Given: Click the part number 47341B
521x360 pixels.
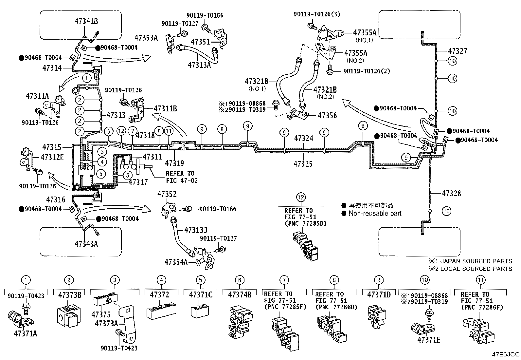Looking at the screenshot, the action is tap(86, 21).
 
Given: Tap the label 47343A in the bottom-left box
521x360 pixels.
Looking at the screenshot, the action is tap(86, 244).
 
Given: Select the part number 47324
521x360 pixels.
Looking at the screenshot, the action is tap(303, 138).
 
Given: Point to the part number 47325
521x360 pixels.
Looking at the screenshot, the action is tap(303, 164).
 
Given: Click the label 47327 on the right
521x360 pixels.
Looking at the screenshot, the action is tap(458, 51).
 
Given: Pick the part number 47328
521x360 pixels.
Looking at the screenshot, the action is tap(451, 194).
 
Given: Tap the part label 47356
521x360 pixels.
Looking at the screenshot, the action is tap(327, 115).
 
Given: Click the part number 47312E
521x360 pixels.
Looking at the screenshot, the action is tap(52, 158).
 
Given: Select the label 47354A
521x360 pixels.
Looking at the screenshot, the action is tap(176, 262).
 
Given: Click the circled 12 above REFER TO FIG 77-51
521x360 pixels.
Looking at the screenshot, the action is tap(301, 198).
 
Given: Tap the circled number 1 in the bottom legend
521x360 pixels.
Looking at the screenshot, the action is tap(26, 280).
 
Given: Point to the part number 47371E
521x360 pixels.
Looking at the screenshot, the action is tap(429, 340).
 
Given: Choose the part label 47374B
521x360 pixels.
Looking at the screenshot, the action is tap(240, 295).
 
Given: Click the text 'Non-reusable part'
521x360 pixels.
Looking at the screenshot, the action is tap(375, 214).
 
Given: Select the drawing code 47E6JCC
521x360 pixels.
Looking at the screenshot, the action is tap(506, 354).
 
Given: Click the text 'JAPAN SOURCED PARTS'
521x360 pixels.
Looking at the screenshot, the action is tap(476, 261).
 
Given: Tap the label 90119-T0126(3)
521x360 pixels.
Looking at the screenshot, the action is tap(317, 14).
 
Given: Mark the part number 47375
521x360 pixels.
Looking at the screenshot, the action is tap(101, 314).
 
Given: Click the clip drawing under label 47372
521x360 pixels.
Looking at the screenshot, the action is tap(161, 310).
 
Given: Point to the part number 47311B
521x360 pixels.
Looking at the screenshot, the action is tap(165, 108).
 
